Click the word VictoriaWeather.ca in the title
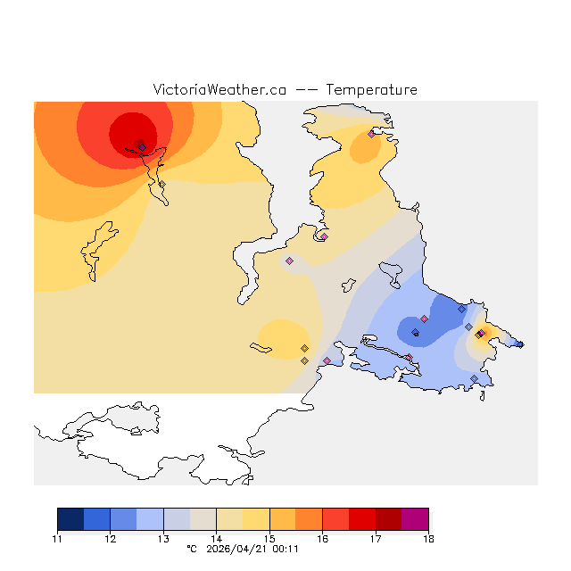219,90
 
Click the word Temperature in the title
371,90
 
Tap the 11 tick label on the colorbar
57,539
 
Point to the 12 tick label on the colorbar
110,539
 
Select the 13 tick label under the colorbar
163,539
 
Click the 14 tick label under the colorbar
216,539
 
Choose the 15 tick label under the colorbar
269,539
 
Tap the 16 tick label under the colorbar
322,539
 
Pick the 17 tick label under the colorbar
376,539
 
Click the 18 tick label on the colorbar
428,539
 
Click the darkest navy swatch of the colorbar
70,519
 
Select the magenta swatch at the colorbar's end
415,519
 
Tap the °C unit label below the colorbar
191,549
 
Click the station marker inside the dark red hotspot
142,147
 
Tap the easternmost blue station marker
521,344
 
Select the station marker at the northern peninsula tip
371,135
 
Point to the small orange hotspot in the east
483,333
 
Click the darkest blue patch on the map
416,328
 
